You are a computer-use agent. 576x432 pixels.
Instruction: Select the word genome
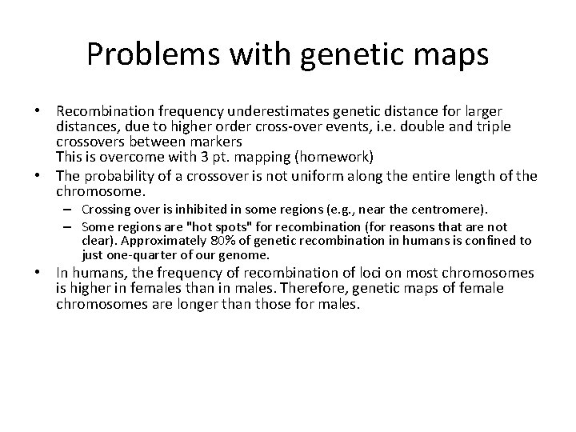click(246, 255)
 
